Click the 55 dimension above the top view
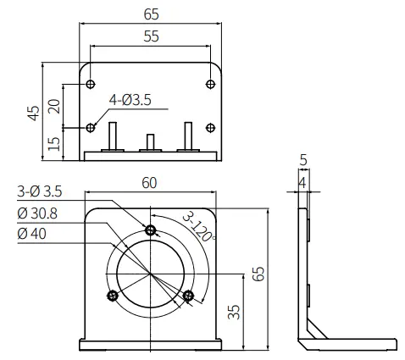[150, 37]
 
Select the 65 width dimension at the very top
[150, 14]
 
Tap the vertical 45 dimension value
[33, 112]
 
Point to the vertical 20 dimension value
[54, 106]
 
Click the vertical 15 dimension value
[54, 143]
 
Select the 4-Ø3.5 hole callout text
[130, 100]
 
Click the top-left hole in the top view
[91, 84]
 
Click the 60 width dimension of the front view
[149, 182]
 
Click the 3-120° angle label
[198, 224]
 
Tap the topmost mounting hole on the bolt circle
[150, 230]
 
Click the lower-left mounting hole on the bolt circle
[112, 295]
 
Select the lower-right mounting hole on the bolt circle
[188, 295]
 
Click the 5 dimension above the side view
[303, 158]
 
